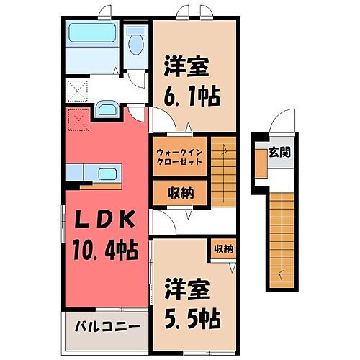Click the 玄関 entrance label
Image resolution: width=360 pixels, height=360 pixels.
pyautogui.click(x=279, y=152)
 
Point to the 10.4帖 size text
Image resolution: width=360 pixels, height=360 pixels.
pyautogui.click(x=104, y=250)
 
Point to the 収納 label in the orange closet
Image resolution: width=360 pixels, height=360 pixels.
pyautogui.click(x=180, y=192)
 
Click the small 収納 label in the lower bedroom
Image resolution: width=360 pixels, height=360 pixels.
pyautogui.click(x=223, y=249)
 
